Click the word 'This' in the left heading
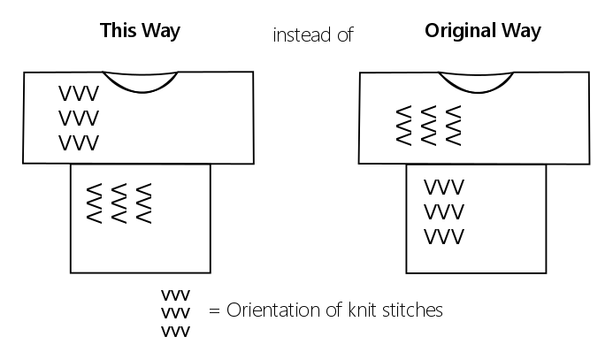pos(119,31)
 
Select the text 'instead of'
pos(312,34)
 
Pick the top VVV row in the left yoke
pos(79,94)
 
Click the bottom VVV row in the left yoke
pos(79,142)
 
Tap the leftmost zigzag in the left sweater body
pos(93,203)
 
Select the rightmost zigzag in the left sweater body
pos(143,203)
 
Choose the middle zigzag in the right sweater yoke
pos(429,126)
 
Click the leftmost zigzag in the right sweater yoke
pos(403,126)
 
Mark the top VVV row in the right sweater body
pos(444,188)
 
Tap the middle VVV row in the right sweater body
pos(444,213)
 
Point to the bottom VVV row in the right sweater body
pos(444,237)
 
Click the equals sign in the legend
pos(213,311)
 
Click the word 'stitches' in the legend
pos(411,310)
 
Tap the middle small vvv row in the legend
pos(175,313)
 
